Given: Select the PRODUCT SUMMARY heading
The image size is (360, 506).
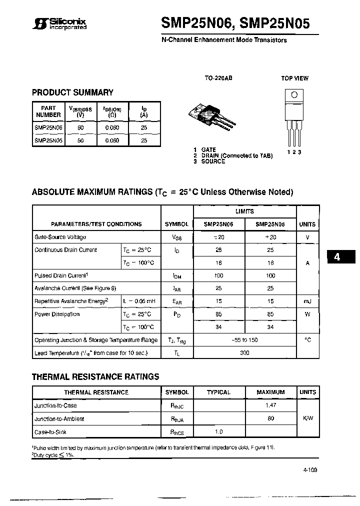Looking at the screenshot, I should tap(72, 92).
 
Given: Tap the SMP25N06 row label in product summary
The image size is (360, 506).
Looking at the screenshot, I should tap(48, 128).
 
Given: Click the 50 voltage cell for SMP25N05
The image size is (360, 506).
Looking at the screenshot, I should tap(80, 141).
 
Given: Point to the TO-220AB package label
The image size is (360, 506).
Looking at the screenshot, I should tap(218, 78).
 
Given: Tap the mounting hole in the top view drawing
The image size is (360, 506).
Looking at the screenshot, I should tap(294, 95).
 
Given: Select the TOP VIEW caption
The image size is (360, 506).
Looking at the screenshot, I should tap(294, 78).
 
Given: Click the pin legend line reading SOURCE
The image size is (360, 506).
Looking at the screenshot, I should tap(209, 161).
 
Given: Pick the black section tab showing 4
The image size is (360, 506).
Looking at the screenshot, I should tap(337, 257).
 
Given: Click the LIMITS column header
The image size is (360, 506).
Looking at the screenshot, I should tap(244, 211).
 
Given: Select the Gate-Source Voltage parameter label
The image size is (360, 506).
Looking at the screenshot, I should tap(60, 237).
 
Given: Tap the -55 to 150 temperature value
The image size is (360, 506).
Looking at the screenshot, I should tap(244, 340).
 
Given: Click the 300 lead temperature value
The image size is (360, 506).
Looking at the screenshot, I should tap(244, 353).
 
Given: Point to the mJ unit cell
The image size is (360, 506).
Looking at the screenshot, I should tap(307, 301).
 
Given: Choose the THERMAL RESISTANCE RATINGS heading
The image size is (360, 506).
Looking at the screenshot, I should tap(95, 376).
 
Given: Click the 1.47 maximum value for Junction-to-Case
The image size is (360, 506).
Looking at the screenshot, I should tap(270, 405).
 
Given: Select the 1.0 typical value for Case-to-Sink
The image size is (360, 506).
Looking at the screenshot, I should tap(218, 431).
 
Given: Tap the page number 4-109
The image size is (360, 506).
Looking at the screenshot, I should tap(309, 470).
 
